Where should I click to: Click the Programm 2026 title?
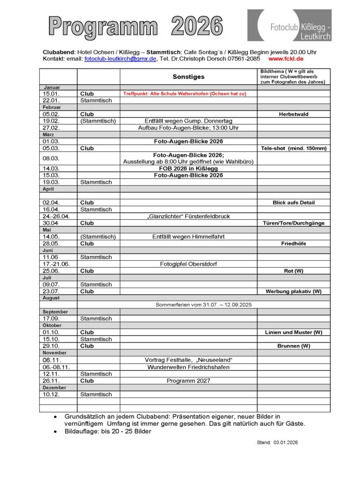[x=136, y=26]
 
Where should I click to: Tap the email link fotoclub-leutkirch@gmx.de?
[x=120, y=59]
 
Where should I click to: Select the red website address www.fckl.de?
[x=286, y=59]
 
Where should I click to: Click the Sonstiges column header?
[x=188, y=77]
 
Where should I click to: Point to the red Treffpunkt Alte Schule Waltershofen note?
[x=185, y=94]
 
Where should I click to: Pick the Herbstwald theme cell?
[x=294, y=114]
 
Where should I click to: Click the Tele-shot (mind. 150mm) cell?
[x=294, y=148]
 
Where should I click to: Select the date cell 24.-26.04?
[x=56, y=217]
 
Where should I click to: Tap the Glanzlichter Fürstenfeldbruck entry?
[x=188, y=217]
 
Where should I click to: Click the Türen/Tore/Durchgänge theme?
[x=294, y=223]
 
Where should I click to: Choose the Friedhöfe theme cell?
[x=294, y=244]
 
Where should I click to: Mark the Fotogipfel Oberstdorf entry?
[x=188, y=264]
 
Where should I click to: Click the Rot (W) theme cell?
[x=294, y=271]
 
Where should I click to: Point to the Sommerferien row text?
[x=203, y=305]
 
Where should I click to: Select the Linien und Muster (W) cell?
[x=294, y=332]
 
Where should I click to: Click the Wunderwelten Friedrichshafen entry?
[x=188, y=367]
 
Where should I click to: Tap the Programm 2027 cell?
[x=188, y=381]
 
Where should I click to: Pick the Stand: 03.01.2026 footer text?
[x=277, y=443]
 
